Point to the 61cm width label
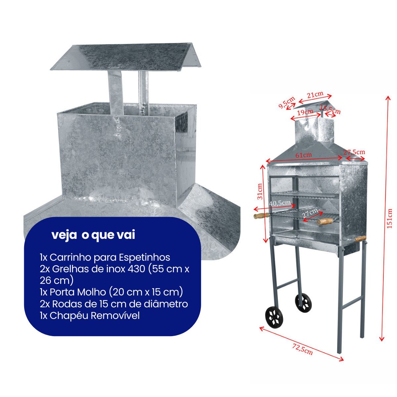click(x=303, y=155)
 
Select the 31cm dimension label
click(x=260, y=191)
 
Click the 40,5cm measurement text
click(x=280, y=203)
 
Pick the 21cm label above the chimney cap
click(x=315, y=95)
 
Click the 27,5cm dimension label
click(x=354, y=152)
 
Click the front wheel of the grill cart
click(x=274, y=317)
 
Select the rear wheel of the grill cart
click(x=303, y=303)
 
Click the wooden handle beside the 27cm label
click(x=325, y=221)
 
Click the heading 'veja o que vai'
click(x=93, y=235)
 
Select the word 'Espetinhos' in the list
click(x=145, y=257)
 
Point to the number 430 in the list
click(x=135, y=269)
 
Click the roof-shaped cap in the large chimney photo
click(x=126, y=57)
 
